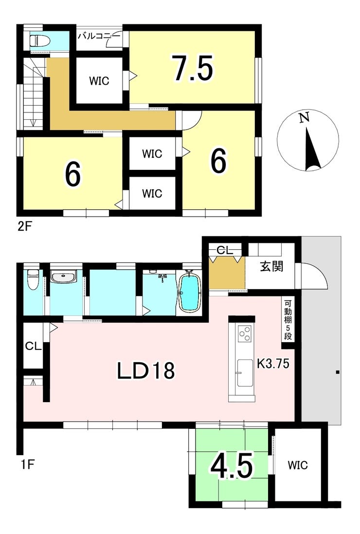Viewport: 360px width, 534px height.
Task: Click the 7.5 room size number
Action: [x=193, y=68]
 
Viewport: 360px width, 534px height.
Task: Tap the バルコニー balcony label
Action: [x=99, y=36]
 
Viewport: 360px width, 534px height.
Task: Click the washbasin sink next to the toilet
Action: [x=64, y=277]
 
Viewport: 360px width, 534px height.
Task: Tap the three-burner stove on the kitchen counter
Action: [x=245, y=333]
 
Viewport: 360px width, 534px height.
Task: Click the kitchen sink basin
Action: [x=245, y=373]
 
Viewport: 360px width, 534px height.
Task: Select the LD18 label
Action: [x=145, y=371]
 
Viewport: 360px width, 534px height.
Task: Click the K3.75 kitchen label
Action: [x=273, y=364]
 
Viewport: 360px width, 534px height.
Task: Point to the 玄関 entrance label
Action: [x=271, y=266]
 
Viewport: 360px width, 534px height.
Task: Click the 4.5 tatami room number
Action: [x=232, y=465]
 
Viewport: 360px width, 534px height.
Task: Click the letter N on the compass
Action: [x=304, y=118]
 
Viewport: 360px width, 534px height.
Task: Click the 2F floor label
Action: [x=25, y=226]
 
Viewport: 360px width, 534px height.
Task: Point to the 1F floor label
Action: [x=28, y=464]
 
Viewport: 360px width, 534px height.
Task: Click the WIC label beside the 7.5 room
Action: [x=99, y=81]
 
